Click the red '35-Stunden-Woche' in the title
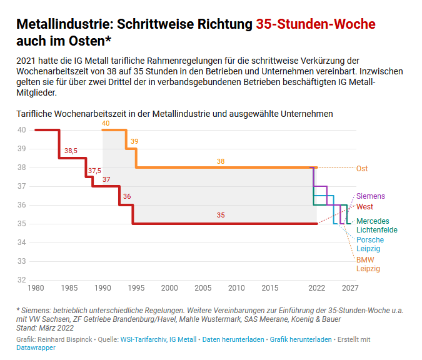[x=316, y=24]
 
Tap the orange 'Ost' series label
[x=362, y=168]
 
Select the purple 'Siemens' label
[x=371, y=196]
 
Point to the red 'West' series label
[x=364, y=207]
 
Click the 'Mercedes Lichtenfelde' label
[x=376, y=226]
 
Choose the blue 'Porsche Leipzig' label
[x=370, y=244]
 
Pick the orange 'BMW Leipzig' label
[x=368, y=264]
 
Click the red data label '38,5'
[x=71, y=151]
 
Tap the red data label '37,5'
[x=94, y=171]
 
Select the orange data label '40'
[x=106, y=124]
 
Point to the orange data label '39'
[x=134, y=142]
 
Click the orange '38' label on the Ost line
[x=220, y=161]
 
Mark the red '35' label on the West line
[x=220, y=215]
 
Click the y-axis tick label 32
[x=21, y=280]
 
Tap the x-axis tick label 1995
[x=136, y=288]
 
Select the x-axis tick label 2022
[x=317, y=288]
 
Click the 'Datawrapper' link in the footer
[x=36, y=347]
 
